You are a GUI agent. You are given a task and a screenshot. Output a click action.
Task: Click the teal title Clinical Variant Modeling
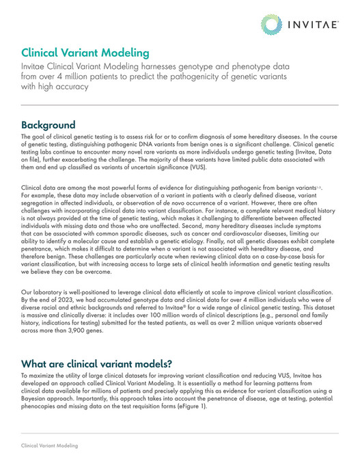pos(85,53)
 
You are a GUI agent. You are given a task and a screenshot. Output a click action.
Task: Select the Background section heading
pos(48,126)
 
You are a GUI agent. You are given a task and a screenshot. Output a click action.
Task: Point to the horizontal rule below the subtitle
pos(180,105)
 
